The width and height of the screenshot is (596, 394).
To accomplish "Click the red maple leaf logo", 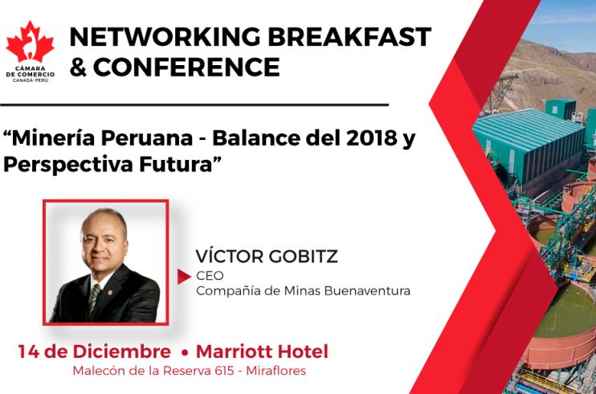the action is tap(30, 42).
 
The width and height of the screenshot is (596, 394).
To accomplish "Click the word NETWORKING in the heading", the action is tap(165, 37).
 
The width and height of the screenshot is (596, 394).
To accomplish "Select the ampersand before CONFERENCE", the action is tap(78, 67).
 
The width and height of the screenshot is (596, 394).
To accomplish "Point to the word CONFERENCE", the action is tap(186, 67).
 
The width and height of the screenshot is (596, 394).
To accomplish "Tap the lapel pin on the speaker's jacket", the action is tap(110, 293).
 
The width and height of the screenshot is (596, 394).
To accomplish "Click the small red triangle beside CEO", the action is tap(184, 277).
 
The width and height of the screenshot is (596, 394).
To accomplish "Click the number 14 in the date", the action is tap(28, 351).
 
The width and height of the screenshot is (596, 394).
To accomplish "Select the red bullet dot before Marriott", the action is tap(185, 353).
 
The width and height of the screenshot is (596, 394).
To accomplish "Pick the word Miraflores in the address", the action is tap(276, 371).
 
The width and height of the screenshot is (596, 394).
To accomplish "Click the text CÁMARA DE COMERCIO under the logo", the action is tap(30, 72).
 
